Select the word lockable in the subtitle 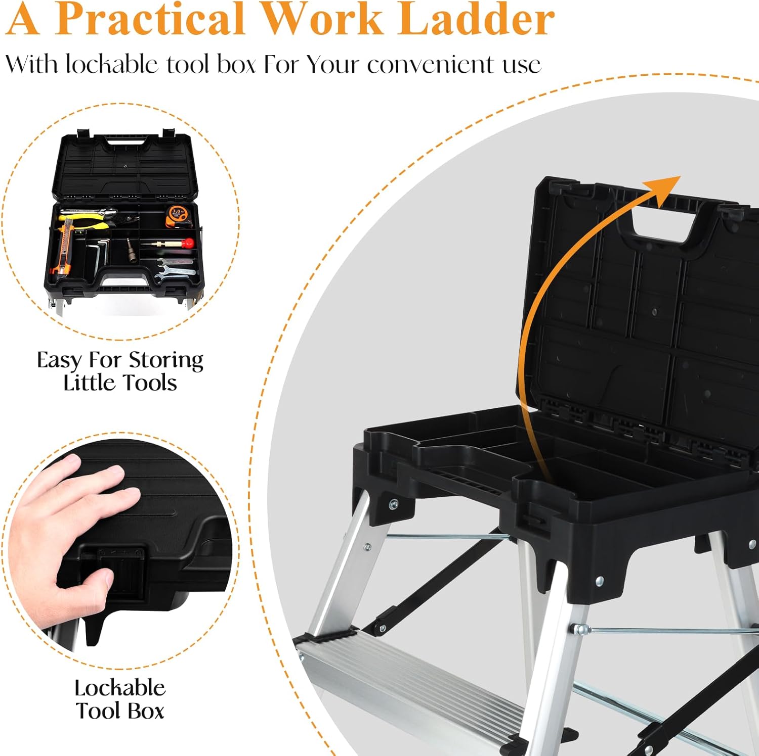coord(112,65)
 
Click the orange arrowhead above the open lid coord(666,189)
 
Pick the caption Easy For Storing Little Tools coord(120,371)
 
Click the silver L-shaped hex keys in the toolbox coord(101,253)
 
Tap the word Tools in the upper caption coord(151,383)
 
